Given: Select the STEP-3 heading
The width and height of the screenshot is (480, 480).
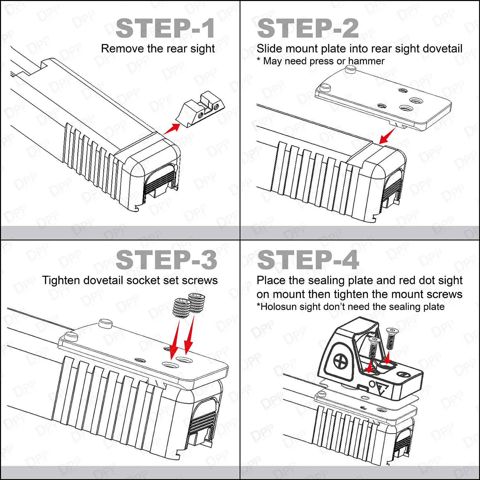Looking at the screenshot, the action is [x=166, y=260].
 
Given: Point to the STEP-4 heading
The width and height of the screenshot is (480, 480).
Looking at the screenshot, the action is [x=308, y=260].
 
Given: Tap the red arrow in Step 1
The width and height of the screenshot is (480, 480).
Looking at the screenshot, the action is [x=171, y=129].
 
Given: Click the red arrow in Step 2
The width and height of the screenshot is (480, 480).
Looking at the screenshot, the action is [x=387, y=136].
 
